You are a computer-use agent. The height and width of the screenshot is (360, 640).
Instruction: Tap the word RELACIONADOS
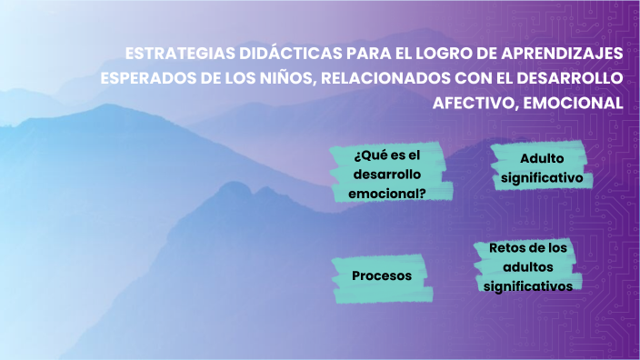385,76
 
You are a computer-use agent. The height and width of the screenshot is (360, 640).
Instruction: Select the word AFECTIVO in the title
472,102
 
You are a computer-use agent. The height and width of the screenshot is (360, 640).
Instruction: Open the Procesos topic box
382,275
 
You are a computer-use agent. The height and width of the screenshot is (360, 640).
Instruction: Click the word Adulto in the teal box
542,158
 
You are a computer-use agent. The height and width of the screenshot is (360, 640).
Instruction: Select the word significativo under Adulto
541,177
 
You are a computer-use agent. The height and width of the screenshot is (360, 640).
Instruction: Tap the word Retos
505,247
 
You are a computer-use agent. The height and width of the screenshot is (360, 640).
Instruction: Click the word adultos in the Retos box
527,266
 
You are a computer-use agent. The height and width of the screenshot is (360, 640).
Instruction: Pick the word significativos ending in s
527,285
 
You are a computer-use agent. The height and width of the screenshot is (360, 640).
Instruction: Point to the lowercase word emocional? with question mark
387,193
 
